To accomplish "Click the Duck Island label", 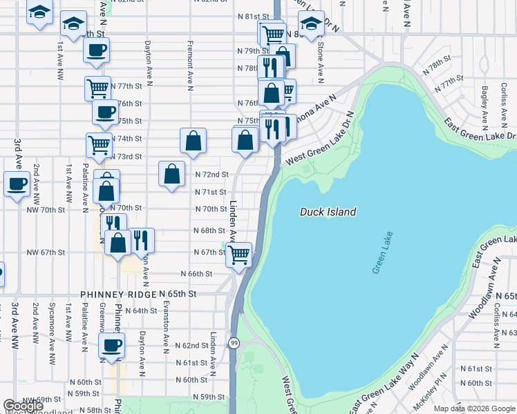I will (x=328, y=212).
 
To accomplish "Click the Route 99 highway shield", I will (x=234, y=343).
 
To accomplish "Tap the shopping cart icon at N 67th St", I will (x=239, y=255).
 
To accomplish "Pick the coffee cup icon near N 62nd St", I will (x=111, y=345).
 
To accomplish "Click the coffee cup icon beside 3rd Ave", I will (x=17, y=184).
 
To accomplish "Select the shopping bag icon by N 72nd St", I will (x=171, y=174).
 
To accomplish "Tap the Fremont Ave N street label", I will (x=189, y=65).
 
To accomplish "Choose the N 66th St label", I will (x=196, y=274).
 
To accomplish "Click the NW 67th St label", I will (x=46, y=253).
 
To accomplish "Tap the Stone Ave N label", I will (x=320, y=59).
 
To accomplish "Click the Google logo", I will (x=23, y=406).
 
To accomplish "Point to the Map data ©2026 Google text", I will (x=474, y=408).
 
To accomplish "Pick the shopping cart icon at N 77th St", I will (x=97, y=88).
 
